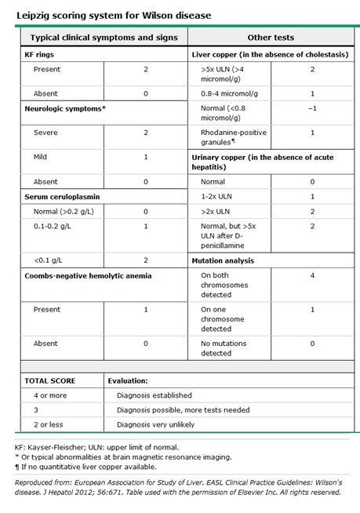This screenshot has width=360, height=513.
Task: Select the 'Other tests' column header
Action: tap(270, 37)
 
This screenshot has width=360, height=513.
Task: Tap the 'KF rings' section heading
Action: tap(42, 56)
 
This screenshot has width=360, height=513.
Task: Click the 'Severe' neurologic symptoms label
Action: tap(45, 133)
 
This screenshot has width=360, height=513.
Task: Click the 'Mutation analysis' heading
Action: tap(227, 260)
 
